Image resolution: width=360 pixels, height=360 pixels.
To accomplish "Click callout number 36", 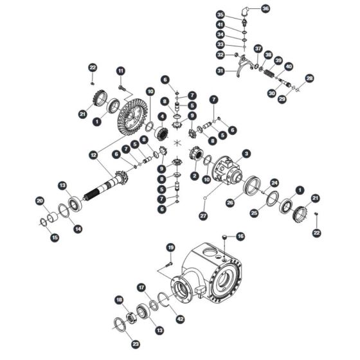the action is pyautogui.click(x=265, y=9).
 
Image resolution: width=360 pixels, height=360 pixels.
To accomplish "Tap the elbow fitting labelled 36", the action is pyautogui.click(x=245, y=11).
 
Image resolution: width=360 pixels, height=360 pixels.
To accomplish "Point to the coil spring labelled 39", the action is pyautogui.click(x=269, y=74).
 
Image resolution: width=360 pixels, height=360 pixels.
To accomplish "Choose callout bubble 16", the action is pyautogui.click(x=240, y=237).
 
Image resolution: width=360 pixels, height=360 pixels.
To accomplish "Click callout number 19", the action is pyautogui.click(x=170, y=248).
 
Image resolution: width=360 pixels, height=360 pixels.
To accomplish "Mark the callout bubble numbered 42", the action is pyautogui.click(x=180, y=319).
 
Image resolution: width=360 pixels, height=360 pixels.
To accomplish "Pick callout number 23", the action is pyautogui.click(x=136, y=344).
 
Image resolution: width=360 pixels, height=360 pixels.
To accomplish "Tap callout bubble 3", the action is pyautogui.click(x=246, y=154).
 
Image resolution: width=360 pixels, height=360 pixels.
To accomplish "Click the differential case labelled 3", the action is pyautogui.click(x=227, y=170).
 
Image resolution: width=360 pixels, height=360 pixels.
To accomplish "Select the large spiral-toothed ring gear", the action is pyautogui.click(x=132, y=117).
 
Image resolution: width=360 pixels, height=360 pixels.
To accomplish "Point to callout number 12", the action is pyautogui.click(x=93, y=156).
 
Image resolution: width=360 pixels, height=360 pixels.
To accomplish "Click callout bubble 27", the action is pyautogui.click(x=203, y=216).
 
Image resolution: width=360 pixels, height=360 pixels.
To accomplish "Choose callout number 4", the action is pyautogui.click(x=162, y=116).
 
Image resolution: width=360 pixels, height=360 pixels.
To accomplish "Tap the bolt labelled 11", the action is pyautogui.click(x=122, y=87).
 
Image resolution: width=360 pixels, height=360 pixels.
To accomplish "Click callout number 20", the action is pyautogui.click(x=40, y=201).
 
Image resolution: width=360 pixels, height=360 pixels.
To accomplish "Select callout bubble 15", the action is pyautogui.click(x=55, y=237).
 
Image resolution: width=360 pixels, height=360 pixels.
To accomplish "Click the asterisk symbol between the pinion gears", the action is pyautogui.click(x=177, y=143).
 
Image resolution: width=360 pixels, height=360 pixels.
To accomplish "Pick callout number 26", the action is pyautogui.click(x=230, y=203).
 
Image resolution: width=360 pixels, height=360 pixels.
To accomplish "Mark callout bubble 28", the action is pyautogui.click(x=309, y=78).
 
